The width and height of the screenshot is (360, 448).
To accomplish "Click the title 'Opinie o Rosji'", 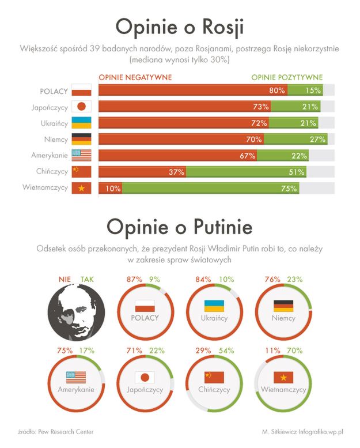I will pos(180,27).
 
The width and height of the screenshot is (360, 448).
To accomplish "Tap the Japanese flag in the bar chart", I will pos(81,107).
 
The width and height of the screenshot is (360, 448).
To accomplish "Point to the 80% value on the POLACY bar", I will pos(277,91).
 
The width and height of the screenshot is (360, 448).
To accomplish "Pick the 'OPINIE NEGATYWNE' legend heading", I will pos(135,77).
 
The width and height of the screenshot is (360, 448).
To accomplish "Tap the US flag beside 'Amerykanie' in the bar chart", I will pos(81,155).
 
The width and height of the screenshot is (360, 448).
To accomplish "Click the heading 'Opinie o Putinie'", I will pos(180,227).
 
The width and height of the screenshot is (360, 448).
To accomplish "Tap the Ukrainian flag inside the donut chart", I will pos(214,306).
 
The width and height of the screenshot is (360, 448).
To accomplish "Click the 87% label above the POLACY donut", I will pos(135,280).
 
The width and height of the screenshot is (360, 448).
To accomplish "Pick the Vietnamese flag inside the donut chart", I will pos(283,377).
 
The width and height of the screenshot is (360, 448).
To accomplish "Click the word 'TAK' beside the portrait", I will pos(87,279).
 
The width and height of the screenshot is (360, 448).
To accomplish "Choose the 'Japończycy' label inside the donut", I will pos(145,390).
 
